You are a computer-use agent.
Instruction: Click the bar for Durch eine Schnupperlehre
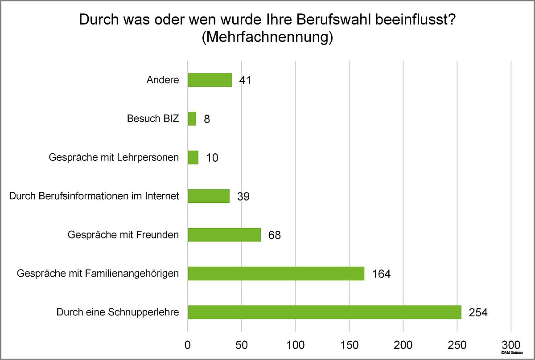[324, 312]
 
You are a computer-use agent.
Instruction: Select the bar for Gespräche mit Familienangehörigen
[276, 274]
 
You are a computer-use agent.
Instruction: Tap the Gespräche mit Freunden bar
[224, 235]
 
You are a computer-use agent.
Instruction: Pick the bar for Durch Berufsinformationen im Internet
[209, 196]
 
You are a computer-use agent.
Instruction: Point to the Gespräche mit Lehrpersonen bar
[193, 158]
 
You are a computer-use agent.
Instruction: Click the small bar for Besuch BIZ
[192, 119]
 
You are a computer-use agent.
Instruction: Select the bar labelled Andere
[210, 80]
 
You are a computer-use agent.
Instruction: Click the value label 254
[478, 312]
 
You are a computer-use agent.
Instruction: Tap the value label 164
[381, 274]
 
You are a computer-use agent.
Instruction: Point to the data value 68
[274, 235]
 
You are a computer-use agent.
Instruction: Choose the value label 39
[243, 196]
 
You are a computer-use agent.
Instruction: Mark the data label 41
[245, 81]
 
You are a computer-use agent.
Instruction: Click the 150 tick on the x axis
[349, 344]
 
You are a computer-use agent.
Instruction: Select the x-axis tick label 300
[510, 344]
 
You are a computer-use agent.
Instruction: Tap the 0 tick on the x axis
[188, 344]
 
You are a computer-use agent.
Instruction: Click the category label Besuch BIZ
[153, 119]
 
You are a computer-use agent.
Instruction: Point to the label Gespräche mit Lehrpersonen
[113, 158]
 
